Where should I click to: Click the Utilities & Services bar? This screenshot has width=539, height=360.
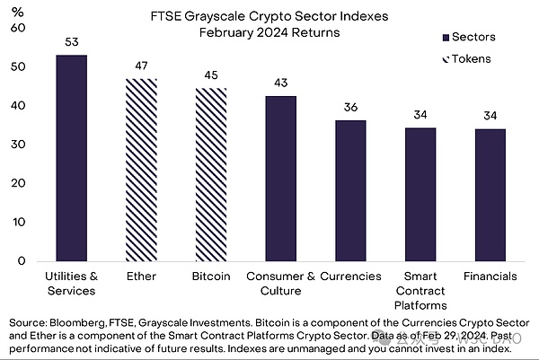click(72, 157)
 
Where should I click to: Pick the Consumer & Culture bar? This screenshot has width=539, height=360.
click(280, 178)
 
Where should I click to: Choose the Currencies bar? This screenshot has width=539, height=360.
click(350, 190)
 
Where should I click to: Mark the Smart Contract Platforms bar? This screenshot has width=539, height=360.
click(420, 194)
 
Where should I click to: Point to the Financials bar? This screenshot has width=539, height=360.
click(490, 195)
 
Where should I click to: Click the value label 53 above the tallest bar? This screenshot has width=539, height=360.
click(72, 43)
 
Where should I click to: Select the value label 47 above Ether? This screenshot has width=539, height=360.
click(142, 66)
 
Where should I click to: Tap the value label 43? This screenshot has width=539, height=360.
click(280, 83)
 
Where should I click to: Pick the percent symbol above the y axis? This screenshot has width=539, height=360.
click(16, 12)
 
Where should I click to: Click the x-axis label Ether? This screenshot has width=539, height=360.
click(142, 276)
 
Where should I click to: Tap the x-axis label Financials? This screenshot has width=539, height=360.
click(490, 276)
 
